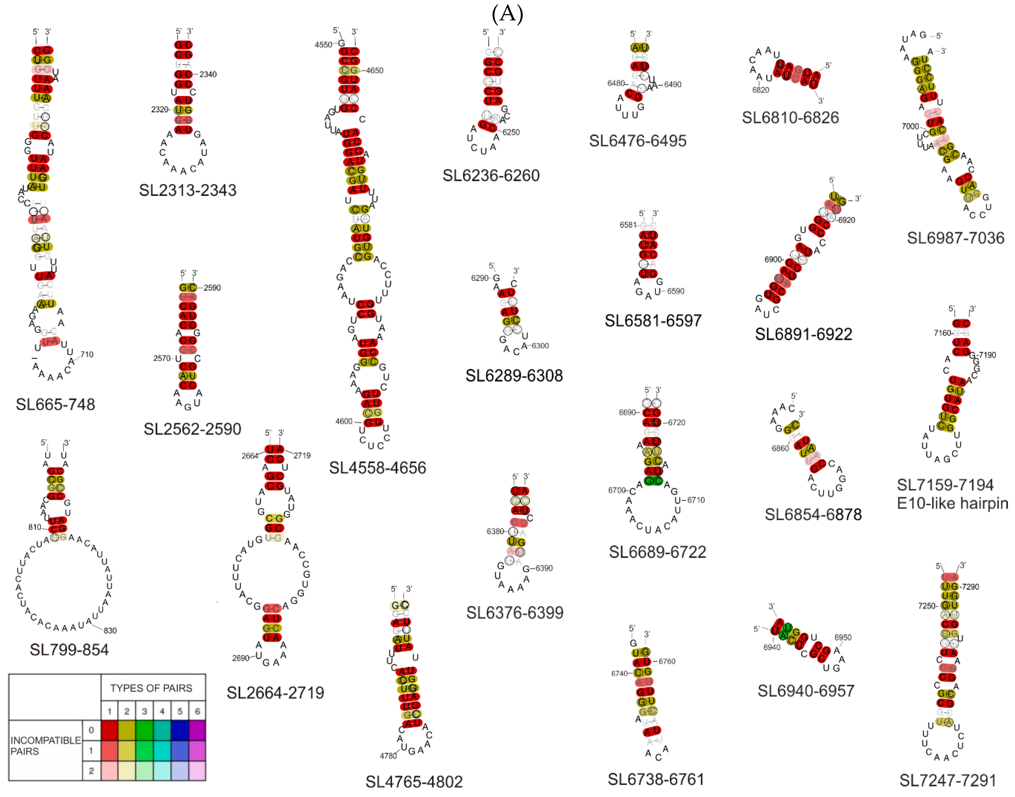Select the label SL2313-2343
click(188, 190)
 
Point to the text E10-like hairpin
click(952, 504)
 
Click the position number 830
click(110, 630)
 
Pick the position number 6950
click(843, 638)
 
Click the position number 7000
click(910, 126)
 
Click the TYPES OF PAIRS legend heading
click(151, 688)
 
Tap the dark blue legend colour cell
click(180, 730)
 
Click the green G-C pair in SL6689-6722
click(653, 481)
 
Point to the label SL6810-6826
click(790, 118)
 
